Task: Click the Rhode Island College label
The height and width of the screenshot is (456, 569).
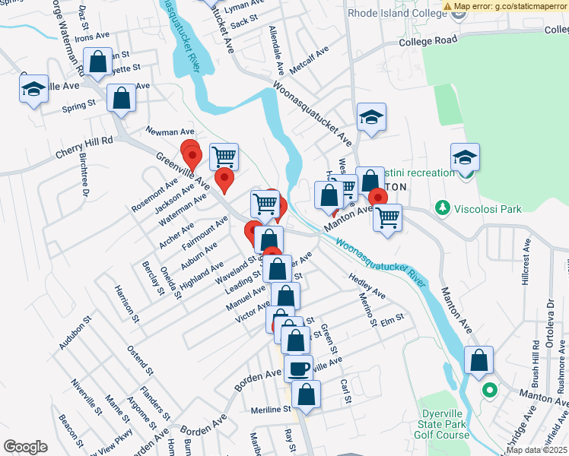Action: coord(395,13)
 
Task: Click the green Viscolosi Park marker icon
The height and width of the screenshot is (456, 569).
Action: coord(440,207)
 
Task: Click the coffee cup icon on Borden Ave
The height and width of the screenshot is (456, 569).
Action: coord(298,369)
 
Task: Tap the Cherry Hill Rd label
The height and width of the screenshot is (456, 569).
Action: coord(84,147)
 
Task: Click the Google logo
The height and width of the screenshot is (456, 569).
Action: coord(25,447)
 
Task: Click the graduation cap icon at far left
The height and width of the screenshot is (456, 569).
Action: coord(34,89)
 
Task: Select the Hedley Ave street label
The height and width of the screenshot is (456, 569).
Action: coord(367,287)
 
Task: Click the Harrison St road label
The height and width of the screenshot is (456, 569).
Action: coord(126,304)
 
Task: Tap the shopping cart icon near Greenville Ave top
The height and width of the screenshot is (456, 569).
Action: coord(224,157)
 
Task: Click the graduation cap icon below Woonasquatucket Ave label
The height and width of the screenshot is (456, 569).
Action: coord(371,118)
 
